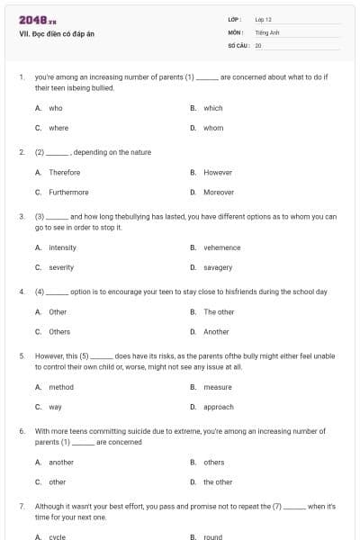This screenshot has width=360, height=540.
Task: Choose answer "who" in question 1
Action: pos(56,108)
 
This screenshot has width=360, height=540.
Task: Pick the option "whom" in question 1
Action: pos(213,128)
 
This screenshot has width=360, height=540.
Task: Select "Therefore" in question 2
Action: pos(64,172)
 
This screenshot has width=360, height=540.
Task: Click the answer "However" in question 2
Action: pos(218,172)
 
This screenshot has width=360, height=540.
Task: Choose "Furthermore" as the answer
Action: pos(68,192)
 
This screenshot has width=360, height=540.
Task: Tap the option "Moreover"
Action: pos(219,192)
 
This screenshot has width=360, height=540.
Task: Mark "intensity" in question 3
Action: pos(63,247)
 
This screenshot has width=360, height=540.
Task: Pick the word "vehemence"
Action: pos(222,247)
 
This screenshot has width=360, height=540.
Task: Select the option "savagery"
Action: pos(218,267)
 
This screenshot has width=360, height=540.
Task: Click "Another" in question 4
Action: pos(216,331)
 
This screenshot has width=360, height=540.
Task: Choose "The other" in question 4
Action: pos(219,311)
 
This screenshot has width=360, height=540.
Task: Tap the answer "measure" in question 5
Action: pos(218,387)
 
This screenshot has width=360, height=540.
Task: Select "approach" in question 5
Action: pos(219,407)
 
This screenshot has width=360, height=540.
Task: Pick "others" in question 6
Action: pos(214,462)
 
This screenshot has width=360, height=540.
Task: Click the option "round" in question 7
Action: pos(212,537)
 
